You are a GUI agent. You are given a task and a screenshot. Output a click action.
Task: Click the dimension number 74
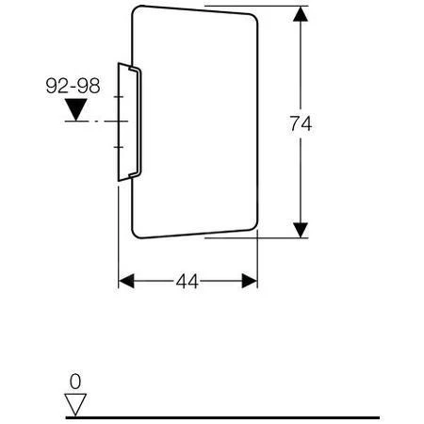pyautogui.click(x=300, y=123)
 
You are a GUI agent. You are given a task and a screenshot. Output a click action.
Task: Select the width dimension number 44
pyautogui.click(x=187, y=282)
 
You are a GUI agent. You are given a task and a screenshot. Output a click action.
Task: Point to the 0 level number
pyautogui.click(x=76, y=381)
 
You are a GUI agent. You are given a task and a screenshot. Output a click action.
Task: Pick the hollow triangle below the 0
pyautogui.click(x=75, y=404)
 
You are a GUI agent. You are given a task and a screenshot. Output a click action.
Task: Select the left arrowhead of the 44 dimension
pyautogui.click(x=128, y=282)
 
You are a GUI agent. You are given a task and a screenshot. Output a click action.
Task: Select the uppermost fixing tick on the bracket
pyautogui.click(x=121, y=97)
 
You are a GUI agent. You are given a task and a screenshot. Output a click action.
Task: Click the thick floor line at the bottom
pyautogui.click(x=236, y=416)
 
